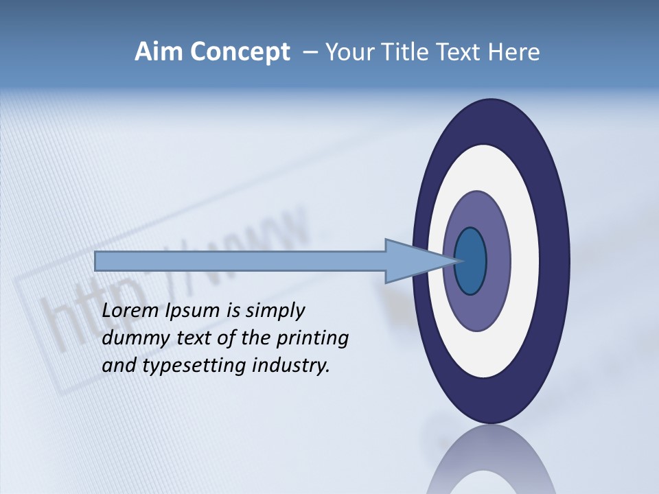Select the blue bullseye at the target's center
coord(470,261)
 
